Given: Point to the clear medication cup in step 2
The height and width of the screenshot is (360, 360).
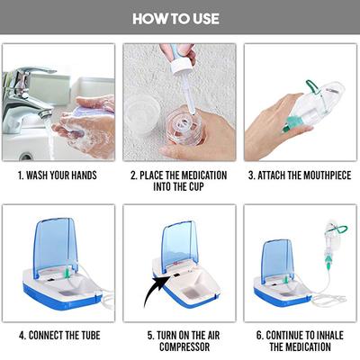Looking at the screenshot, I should [x=194, y=126].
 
